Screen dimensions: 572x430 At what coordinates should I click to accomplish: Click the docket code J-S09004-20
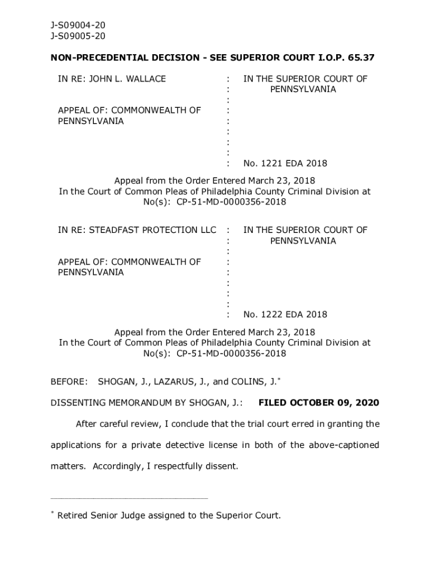point(78,25)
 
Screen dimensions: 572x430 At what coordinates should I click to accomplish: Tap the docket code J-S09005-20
point(78,36)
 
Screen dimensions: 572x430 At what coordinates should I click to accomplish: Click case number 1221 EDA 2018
point(285,164)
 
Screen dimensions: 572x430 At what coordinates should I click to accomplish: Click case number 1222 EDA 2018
point(285,314)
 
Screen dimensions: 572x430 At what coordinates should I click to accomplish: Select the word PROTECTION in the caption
point(169,230)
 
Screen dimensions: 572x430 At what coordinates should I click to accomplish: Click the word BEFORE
point(69,382)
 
